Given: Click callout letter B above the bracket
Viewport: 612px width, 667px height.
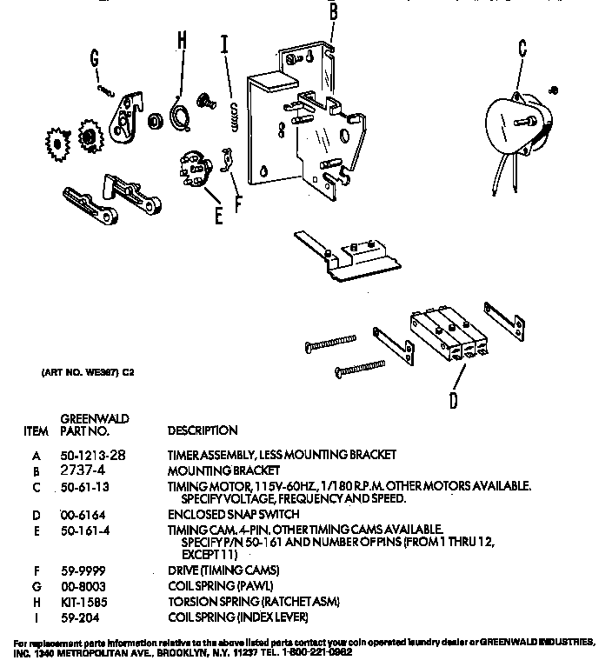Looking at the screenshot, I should tap(333, 12).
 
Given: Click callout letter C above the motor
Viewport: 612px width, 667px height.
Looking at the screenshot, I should tap(522, 47).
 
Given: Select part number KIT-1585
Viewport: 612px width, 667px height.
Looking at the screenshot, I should tap(83, 601).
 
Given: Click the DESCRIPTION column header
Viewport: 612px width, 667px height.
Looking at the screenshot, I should tap(203, 430).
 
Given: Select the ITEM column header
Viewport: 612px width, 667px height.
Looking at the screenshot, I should tap(36, 430).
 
